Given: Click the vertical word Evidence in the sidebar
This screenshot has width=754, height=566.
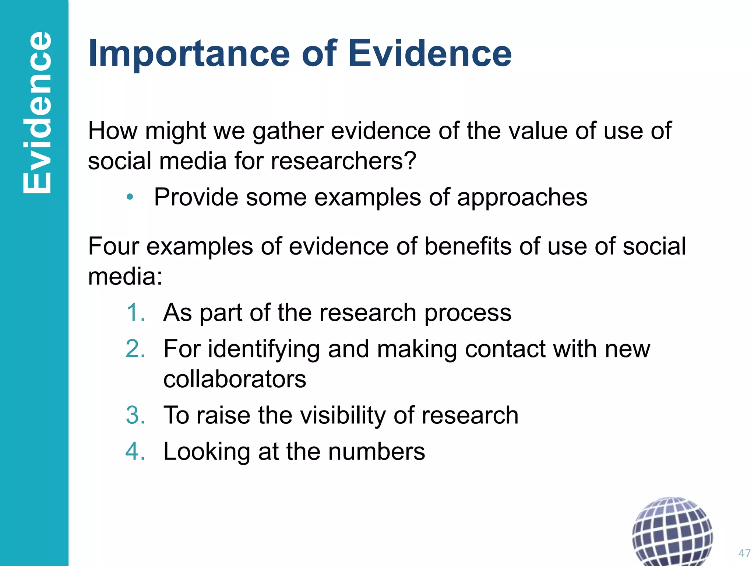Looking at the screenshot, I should pyautogui.click(x=37, y=112).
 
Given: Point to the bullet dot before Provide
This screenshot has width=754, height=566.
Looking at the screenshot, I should pyautogui.click(x=130, y=197).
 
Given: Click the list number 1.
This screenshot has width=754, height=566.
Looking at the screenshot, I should pyautogui.click(x=135, y=312).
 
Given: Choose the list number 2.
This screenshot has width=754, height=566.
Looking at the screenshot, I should pyautogui.click(x=135, y=349).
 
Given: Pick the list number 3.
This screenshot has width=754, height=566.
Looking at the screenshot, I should pyautogui.click(x=135, y=415).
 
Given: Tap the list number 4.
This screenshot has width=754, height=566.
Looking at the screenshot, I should pyautogui.click(x=135, y=451).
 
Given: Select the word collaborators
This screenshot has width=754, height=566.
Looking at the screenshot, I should pyautogui.click(x=235, y=379).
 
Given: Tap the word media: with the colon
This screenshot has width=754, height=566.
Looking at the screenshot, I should pyautogui.click(x=125, y=276).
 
